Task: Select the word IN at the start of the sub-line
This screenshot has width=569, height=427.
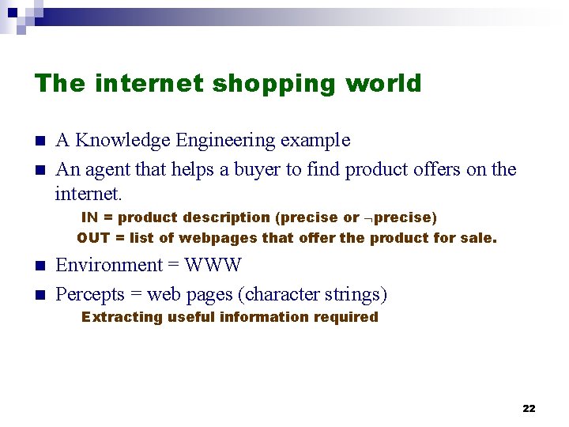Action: tap(90, 217)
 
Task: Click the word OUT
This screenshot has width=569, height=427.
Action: tap(93, 238)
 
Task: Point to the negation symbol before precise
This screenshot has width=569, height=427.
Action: tap(368, 218)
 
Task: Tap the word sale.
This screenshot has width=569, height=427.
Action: tap(480, 238)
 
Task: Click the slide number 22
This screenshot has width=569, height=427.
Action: tap(529, 408)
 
